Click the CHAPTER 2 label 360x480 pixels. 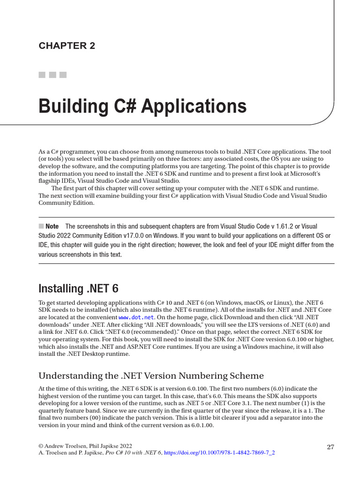[x=67, y=45]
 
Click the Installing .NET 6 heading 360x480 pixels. [x=78, y=288]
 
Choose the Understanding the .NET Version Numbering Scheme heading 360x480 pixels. [x=151, y=376]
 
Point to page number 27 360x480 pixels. [x=330, y=447]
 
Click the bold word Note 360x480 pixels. [x=52, y=226]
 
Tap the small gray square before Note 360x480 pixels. [x=41, y=226]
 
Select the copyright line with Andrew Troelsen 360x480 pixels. [x=85, y=446]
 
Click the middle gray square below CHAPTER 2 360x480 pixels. [x=52, y=75]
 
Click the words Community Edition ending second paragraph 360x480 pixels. [x=66, y=203]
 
